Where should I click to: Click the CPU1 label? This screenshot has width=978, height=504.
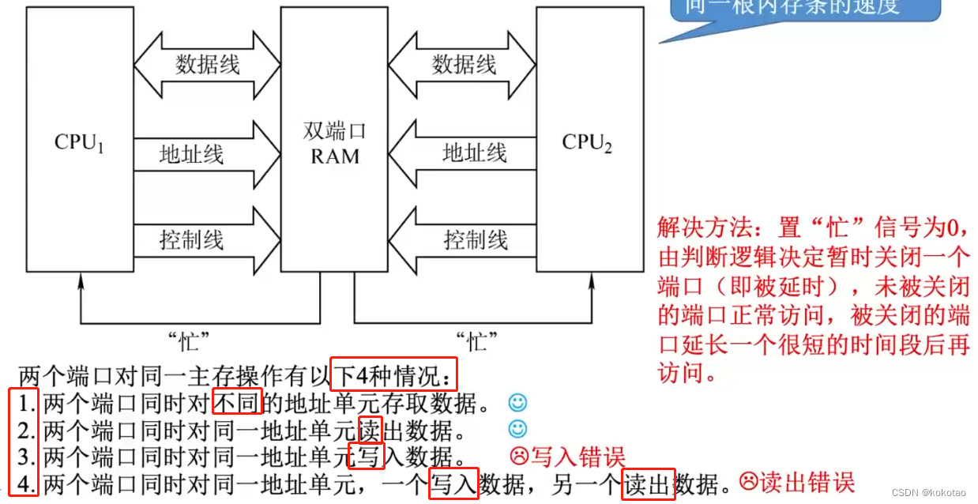pos(79,142)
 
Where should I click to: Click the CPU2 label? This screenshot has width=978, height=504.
pos(587,143)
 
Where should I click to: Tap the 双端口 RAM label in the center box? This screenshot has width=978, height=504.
pos(335,143)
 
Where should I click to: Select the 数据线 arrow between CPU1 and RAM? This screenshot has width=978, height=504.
pos(207,65)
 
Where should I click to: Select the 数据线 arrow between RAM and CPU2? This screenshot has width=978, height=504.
pos(464,65)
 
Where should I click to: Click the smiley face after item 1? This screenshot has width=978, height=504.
pos(517,403)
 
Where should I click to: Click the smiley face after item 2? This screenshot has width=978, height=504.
pos(517,429)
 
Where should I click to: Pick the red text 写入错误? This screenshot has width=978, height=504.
pos(577,457)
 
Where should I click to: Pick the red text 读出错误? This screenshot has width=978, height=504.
pos(807,481)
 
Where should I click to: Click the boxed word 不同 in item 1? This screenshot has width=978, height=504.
pos(237,404)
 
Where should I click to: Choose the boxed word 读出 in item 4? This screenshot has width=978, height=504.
pos(648,483)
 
